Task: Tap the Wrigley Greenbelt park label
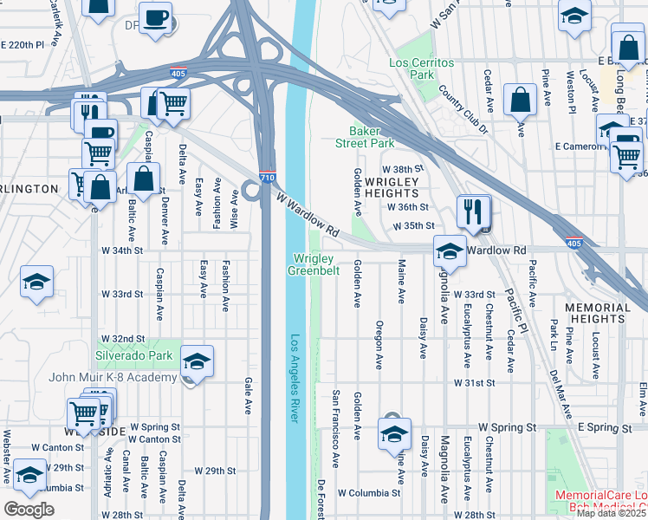[x=312, y=264]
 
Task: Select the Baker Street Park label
[x=366, y=137]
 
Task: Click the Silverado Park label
[x=134, y=355]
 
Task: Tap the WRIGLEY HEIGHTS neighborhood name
[x=392, y=187]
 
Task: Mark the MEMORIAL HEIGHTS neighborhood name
[x=598, y=314]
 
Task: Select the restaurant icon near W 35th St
[x=474, y=211]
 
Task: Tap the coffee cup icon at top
[x=156, y=18]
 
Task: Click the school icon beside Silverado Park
[x=198, y=361]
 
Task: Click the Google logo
[x=29, y=510]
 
